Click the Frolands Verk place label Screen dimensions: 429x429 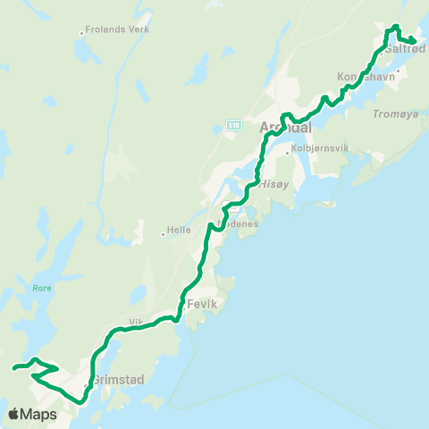[x=118, y=29]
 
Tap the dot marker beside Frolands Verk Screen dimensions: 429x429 [x=81, y=33]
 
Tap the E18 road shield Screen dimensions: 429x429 [x=233, y=124]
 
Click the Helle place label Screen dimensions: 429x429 [x=180, y=230]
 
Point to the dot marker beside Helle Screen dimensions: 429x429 [x=163, y=234]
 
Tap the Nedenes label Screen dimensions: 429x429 [x=239, y=223]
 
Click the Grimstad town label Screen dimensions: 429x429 [x=119, y=379]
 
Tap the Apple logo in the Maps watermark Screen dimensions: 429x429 [x=15, y=414]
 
